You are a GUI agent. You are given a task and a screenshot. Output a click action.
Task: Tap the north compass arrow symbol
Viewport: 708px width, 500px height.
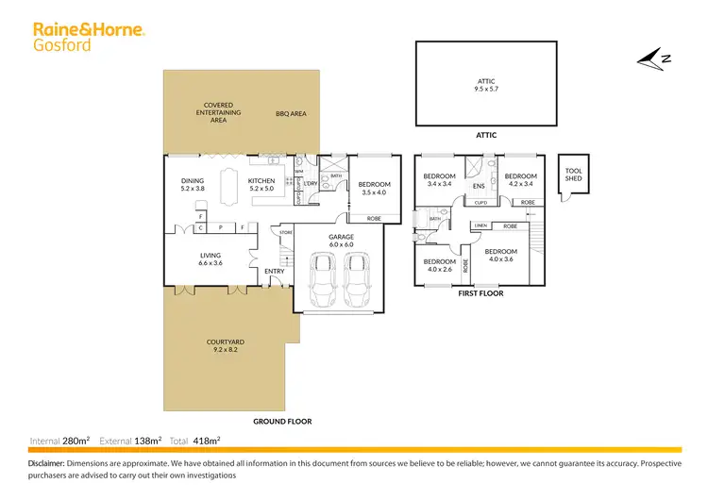(652, 59)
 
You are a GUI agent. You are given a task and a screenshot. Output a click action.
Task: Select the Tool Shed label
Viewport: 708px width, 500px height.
(574, 175)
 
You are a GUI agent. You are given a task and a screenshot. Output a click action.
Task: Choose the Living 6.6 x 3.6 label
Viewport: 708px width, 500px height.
(210, 258)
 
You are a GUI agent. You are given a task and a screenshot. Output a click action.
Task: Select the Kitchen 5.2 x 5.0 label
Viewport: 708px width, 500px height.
(261, 184)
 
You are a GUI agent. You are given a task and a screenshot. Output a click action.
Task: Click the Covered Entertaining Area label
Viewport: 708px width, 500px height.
(218, 112)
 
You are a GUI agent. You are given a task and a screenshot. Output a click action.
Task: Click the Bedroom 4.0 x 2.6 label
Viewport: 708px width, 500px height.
(439, 265)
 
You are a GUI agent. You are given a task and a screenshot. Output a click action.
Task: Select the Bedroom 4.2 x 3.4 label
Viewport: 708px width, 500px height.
(520, 179)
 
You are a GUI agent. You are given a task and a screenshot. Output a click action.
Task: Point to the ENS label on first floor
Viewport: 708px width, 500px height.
(479, 186)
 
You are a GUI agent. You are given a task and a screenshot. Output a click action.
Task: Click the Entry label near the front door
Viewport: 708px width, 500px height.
(274, 272)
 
